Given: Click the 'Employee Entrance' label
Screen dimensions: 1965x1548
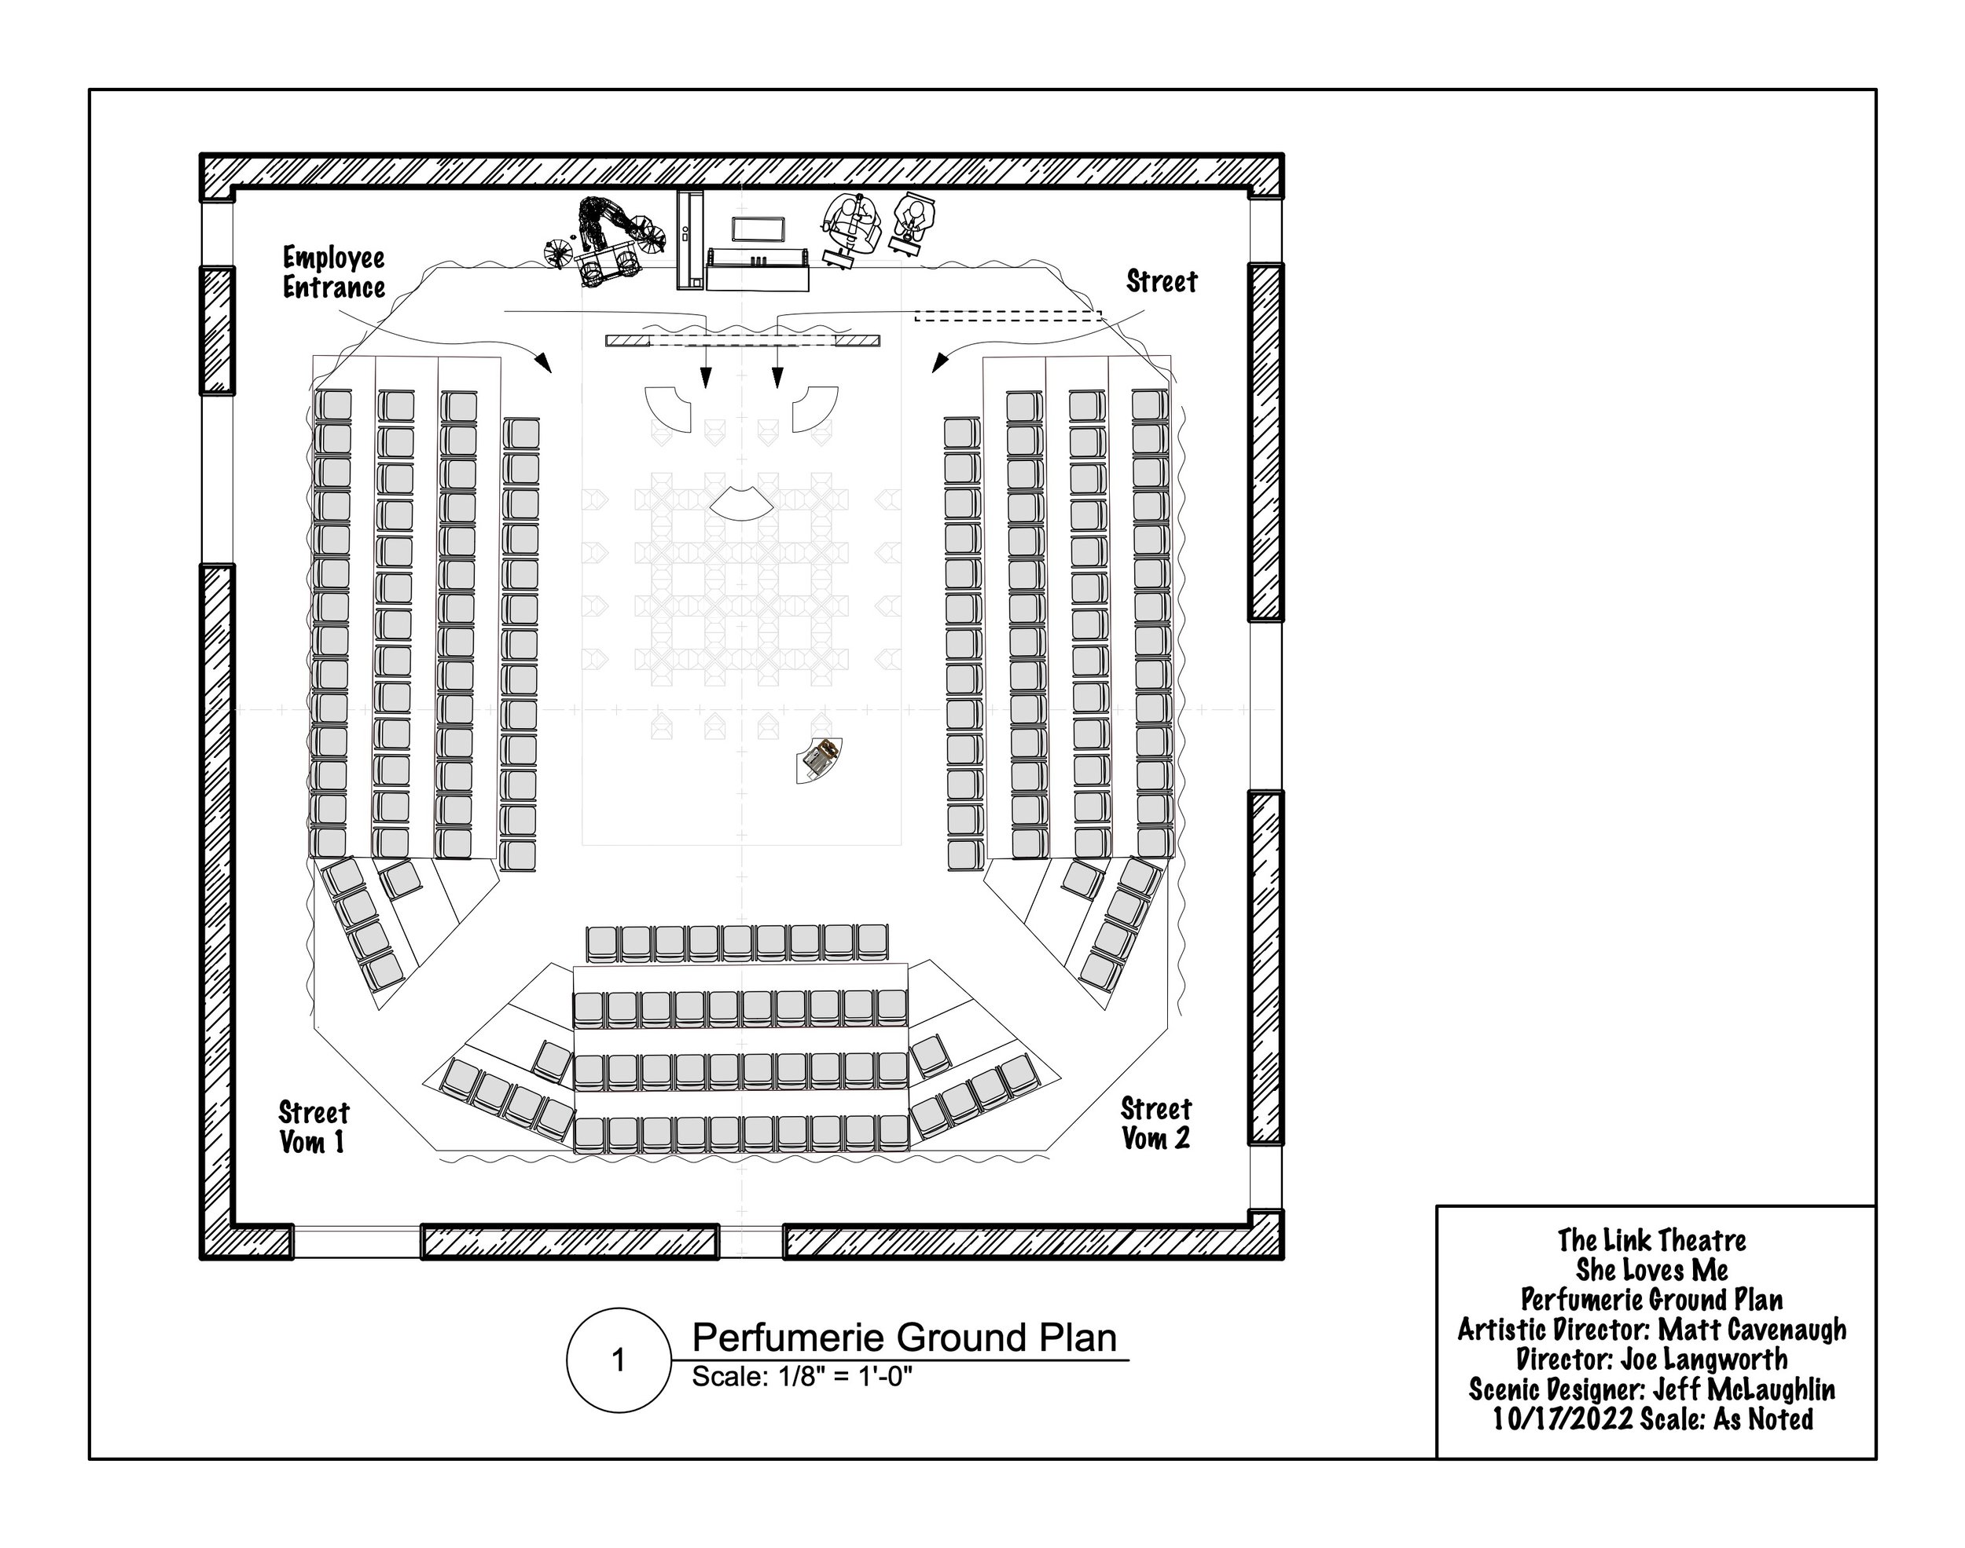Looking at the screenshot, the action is [334, 273].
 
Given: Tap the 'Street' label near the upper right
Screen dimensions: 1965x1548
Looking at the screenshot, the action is [1161, 282].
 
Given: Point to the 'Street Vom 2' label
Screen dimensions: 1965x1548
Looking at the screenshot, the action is [1155, 1123].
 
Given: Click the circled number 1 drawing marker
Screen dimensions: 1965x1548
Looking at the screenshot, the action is [619, 1360].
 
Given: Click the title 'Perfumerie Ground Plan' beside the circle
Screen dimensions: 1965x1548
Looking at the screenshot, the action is [904, 1338].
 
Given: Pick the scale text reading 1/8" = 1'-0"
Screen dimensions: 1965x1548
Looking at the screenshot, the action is [802, 1377].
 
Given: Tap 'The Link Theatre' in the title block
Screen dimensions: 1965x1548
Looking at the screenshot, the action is [1651, 1240].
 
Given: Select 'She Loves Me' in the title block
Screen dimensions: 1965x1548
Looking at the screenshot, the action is [1651, 1270].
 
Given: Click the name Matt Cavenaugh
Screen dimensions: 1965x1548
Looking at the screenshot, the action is [1752, 1330].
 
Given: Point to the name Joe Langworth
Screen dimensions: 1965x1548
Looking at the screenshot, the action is [1704, 1360].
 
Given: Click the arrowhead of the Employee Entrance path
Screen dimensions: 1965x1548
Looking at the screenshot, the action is [544, 364].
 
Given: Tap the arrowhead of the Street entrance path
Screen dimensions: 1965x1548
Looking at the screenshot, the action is [940, 364].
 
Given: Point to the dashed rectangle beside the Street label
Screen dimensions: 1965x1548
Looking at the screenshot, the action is [1008, 316].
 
